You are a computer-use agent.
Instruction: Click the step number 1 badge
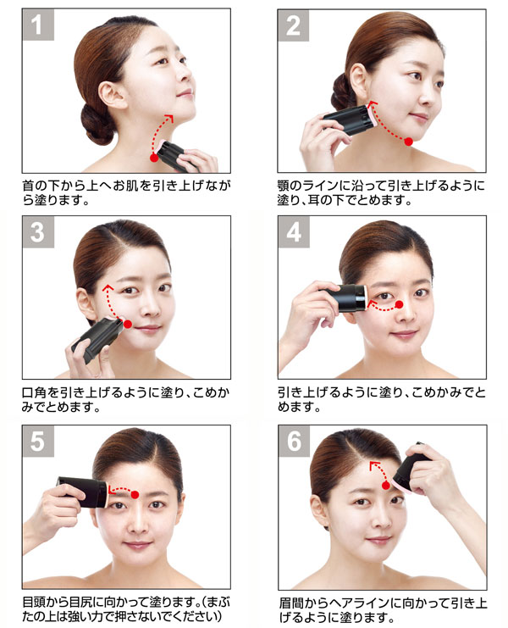pyautogui.click(x=38, y=25)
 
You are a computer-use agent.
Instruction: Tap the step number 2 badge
pyautogui.click(x=293, y=25)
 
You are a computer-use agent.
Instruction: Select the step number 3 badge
pyautogui.click(x=38, y=232)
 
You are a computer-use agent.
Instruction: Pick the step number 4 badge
pyautogui.click(x=294, y=232)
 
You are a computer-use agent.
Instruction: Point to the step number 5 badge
pyautogui.click(x=38, y=442)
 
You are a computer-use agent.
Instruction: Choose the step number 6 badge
pyautogui.click(x=294, y=442)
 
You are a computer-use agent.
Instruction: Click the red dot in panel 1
pyautogui.click(x=154, y=158)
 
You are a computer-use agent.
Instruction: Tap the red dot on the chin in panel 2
pyautogui.click(x=408, y=142)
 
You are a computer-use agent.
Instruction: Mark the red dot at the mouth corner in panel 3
pyautogui.click(x=128, y=324)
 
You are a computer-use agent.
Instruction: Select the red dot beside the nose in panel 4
pyautogui.click(x=399, y=305)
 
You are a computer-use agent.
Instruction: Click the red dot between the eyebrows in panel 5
pyautogui.click(x=135, y=495)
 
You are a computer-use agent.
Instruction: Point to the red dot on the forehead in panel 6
pyautogui.click(x=385, y=486)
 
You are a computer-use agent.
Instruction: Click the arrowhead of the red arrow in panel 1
pyautogui.click(x=169, y=118)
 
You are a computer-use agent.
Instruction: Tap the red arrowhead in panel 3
pyautogui.click(x=108, y=288)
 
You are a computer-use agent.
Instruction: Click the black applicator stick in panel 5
pyautogui.click(x=83, y=492)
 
